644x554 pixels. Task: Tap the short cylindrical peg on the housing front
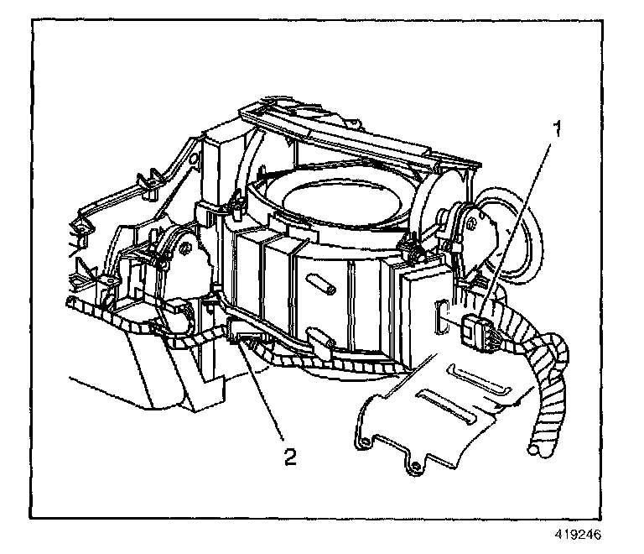322,285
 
